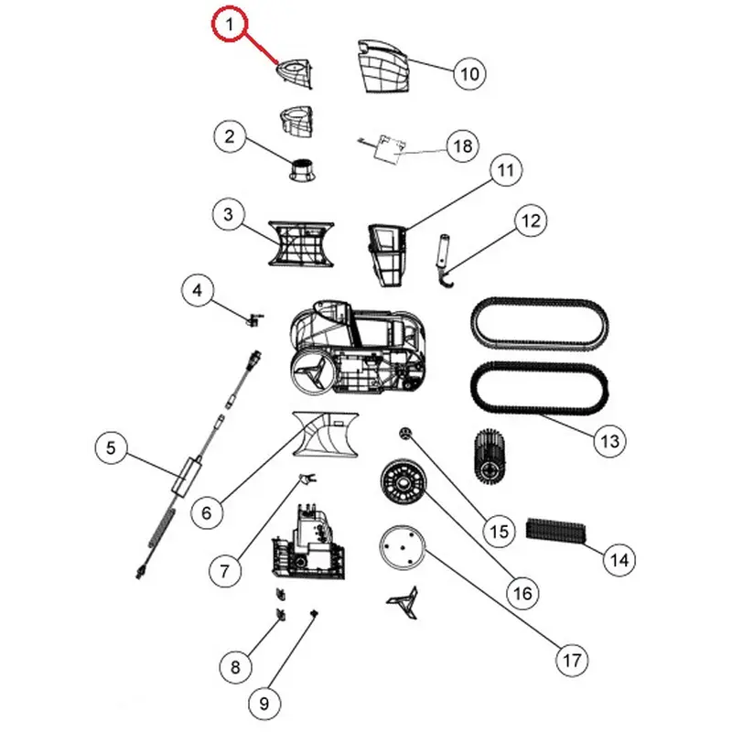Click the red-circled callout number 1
pos(229,25)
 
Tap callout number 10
pos(469,73)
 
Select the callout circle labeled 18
pos(463,146)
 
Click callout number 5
pos(111,447)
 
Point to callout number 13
pos(609,441)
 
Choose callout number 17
pos(572,660)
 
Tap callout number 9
pos(264,703)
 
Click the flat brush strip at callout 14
pos(555,531)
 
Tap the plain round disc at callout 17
pos(402,547)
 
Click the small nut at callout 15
pos(404,434)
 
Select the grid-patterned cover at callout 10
pos(383,66)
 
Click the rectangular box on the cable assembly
pos(186,476)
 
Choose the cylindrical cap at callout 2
pos(303,169)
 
